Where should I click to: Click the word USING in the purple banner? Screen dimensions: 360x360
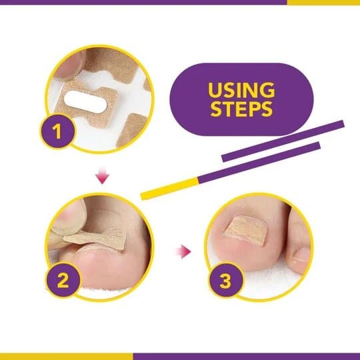(241, 90)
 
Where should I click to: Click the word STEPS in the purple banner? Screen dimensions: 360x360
(241, 109)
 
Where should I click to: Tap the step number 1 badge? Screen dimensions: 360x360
(57, 131)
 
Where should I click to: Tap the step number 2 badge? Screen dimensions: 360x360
(63, 280)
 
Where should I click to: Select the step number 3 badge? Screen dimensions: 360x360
(226, 280)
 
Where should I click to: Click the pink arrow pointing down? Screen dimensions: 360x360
(103, 176)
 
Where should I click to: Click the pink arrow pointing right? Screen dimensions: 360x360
(184, 251)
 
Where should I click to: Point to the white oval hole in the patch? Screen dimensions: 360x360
(85, 100)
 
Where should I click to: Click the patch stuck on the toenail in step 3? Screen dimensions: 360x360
(245, 228)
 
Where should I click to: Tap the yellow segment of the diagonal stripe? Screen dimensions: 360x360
(170, 189)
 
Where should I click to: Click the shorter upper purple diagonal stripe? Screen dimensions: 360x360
(283, 141)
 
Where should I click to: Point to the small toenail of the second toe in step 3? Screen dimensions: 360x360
(301, 255)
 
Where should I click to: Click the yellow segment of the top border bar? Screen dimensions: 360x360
(323, 2)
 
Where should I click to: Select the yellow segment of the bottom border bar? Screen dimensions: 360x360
(67, 357)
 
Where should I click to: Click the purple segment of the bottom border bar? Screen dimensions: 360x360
(247, 357)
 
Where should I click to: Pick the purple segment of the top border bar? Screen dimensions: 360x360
(143, 2)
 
